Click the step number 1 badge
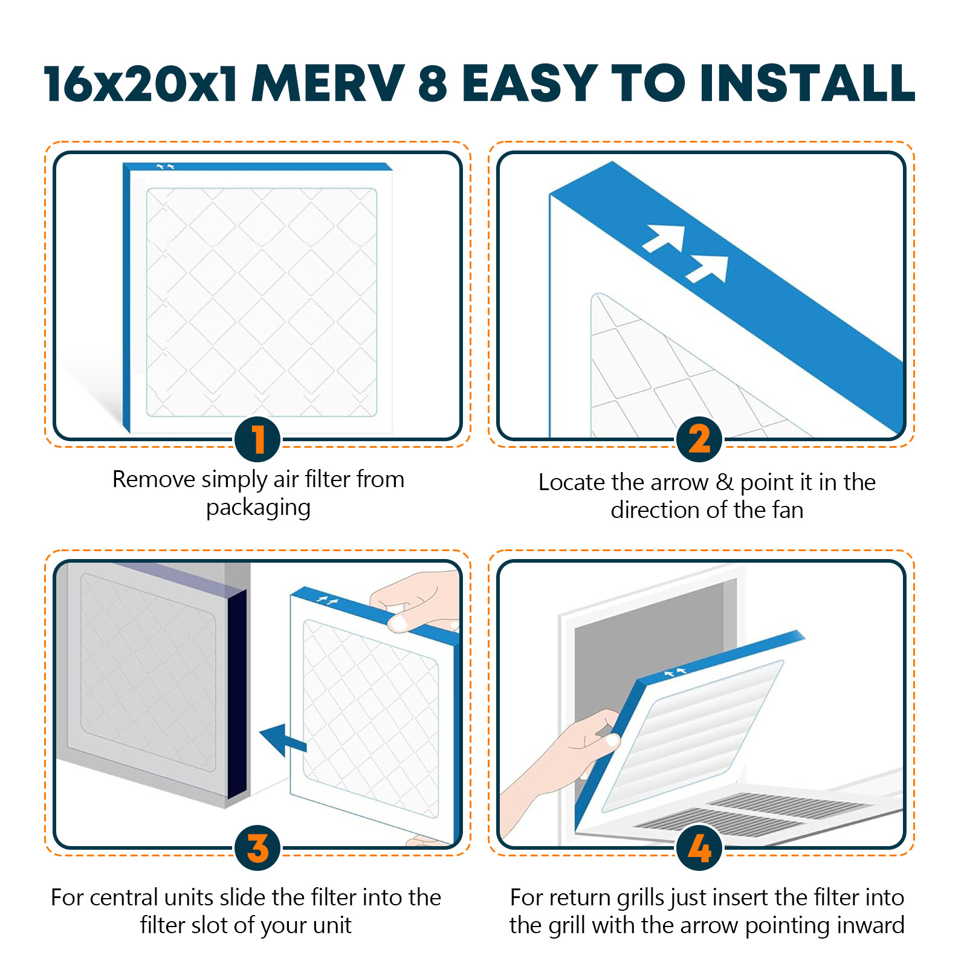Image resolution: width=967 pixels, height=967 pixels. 257,439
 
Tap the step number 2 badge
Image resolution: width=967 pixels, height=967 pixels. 699,439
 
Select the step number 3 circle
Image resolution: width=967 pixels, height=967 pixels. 257,848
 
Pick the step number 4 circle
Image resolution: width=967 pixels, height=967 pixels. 699,848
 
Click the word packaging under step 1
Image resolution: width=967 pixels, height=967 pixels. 258,508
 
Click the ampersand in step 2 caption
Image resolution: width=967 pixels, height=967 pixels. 724,482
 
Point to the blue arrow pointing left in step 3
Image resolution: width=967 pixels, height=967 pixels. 282,739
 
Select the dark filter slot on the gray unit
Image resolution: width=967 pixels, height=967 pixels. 237,695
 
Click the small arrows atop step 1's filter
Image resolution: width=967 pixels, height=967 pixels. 166,166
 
